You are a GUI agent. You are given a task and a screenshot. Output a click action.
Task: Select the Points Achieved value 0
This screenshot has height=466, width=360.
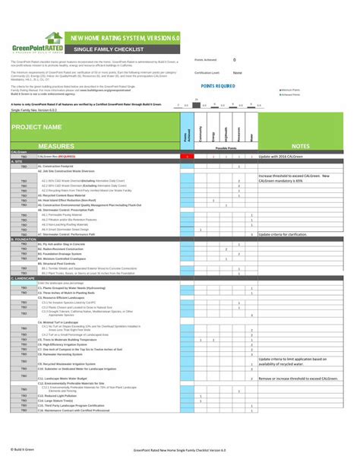[x=234, y=59]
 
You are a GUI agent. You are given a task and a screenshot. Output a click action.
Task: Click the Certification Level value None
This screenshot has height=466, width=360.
[x=237, y=73]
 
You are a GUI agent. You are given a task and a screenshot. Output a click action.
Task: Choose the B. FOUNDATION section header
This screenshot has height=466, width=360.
[x=23, y=239]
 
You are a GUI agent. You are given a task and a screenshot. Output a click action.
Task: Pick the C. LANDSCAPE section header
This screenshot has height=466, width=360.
[x=22, y=278]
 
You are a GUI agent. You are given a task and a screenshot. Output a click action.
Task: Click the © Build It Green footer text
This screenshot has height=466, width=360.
[x=23, y=450]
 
